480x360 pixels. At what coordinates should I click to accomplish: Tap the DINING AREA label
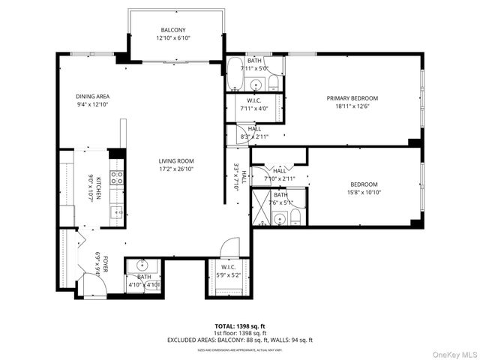tap(93, 97)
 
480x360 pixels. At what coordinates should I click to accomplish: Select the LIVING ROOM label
tap(176, 160)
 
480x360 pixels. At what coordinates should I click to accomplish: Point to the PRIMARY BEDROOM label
tap(352, 98)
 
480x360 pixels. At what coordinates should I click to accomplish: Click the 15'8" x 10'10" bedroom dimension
tap(364, 193)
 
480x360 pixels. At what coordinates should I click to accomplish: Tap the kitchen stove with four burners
tap(117, 178)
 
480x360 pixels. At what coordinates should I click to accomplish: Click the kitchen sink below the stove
tap(117, 213)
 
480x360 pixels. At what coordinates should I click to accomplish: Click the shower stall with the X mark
tap(261, 208)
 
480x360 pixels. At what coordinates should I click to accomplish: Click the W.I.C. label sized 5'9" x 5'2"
tap(228, 267)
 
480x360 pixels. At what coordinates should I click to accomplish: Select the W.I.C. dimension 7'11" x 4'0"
tap(253, 109)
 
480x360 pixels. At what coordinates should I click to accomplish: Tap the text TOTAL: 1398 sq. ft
tap(240, 326)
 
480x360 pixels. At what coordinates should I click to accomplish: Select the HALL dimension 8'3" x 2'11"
tap(253, 136)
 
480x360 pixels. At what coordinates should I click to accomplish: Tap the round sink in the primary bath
tap(255, 85)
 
